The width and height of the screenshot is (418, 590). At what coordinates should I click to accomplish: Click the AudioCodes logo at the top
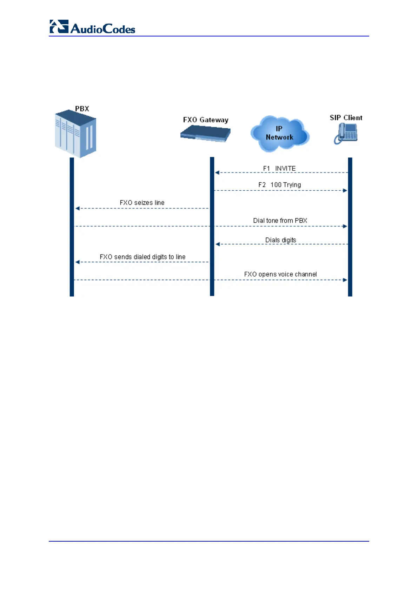92,27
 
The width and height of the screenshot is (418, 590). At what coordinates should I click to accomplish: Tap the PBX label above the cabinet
82,109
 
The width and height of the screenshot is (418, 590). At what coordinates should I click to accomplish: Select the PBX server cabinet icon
75,134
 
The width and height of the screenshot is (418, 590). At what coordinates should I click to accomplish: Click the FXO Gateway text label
206,120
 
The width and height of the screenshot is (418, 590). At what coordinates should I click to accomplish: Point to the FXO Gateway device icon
206,134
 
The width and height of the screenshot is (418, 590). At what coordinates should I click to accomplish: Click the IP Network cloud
280,134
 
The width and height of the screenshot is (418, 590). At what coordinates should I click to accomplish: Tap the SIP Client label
346,118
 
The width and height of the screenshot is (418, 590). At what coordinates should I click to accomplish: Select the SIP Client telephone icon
346,134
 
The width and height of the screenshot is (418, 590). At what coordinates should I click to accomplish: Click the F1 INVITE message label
279,168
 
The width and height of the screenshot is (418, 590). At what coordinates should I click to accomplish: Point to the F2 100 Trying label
280,185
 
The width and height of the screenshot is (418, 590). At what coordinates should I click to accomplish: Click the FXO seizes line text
142,203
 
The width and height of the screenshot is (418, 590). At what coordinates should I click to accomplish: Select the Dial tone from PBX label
280,221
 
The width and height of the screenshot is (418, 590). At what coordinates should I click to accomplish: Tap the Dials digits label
281,240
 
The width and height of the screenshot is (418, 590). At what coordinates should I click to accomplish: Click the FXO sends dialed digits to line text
142,257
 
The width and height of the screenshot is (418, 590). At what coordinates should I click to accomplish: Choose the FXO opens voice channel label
280,274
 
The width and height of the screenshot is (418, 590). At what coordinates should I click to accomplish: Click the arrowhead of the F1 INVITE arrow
217,172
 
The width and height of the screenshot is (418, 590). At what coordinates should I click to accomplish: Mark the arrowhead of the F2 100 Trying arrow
345,190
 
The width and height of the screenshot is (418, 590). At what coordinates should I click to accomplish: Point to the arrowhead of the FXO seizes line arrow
78,208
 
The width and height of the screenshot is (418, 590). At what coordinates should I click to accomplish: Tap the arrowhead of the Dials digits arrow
218,244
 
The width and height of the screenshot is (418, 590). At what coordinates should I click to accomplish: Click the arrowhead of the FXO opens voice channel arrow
345,280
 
